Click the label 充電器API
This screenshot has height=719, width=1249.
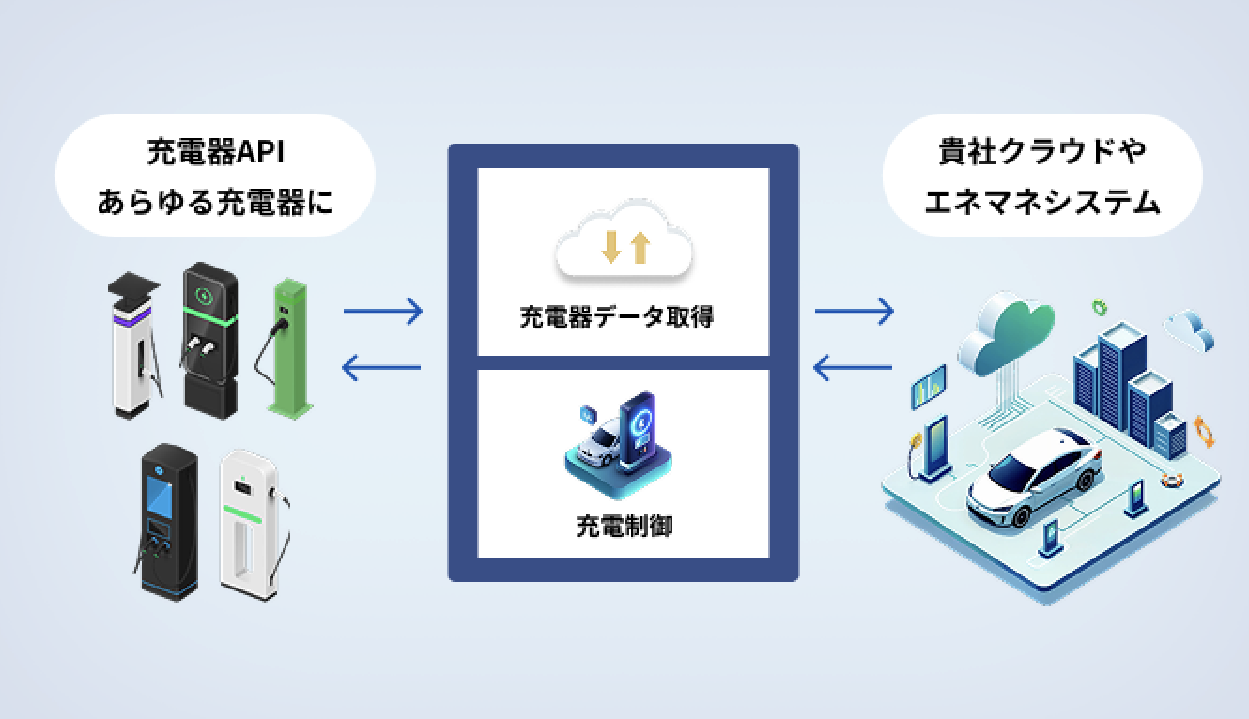coord(215,151)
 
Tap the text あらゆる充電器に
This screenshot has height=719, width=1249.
coord(215,201)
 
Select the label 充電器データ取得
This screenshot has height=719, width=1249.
coord(617,317)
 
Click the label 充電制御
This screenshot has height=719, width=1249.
coord(624,526)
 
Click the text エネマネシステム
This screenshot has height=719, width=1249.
coord(1042,201)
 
